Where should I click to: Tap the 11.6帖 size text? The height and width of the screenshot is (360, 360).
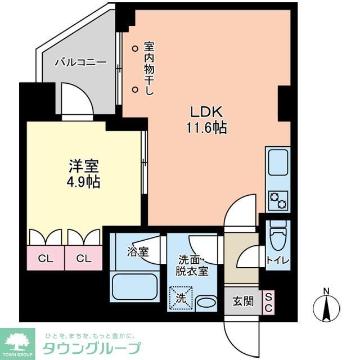click(x=206, y=128)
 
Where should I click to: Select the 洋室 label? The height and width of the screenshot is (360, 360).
click(x=84, y=166)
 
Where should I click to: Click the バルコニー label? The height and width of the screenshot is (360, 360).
click(x=80, y=62)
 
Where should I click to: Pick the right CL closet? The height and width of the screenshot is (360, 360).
click(x=84, y=259)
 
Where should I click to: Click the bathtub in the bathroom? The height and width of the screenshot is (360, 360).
click(x=135, y=286)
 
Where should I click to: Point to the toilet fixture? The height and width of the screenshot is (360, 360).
click(x=278, y=235)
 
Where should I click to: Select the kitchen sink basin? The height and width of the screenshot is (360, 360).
click(x=277, y=163)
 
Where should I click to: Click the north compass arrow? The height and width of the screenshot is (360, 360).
click(x=326, y=307)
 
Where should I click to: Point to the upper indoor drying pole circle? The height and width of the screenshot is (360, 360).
click(x=135, y=49)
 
